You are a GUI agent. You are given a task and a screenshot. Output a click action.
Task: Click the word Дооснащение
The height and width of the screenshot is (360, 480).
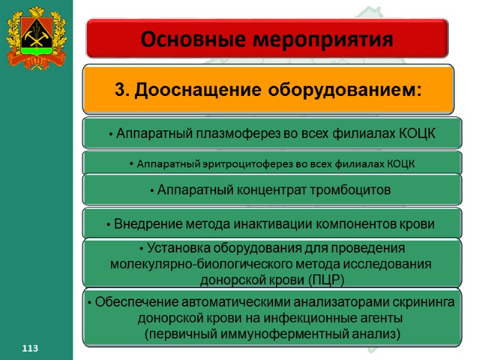[x=194, y=90]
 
